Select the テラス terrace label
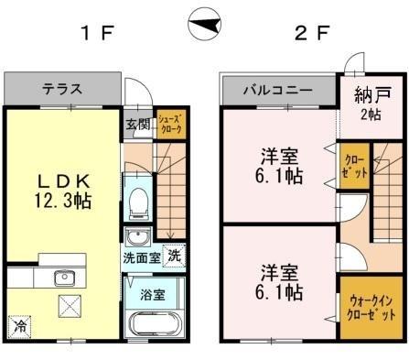62,90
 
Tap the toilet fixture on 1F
137,202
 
